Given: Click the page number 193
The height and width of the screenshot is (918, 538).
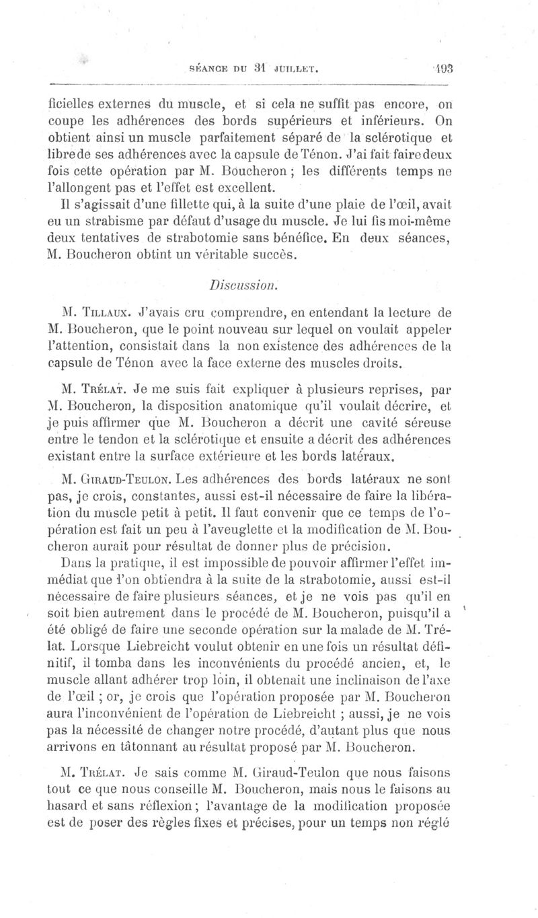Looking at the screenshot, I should point(443,68).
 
